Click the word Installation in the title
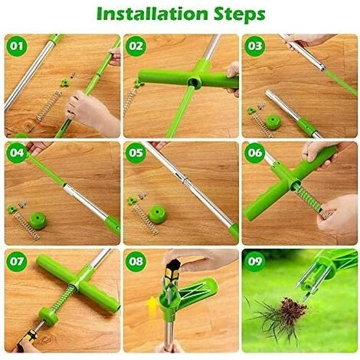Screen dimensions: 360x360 pos(152,14)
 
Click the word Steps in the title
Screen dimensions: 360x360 pos(240,15)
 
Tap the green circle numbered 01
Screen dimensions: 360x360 pos(17,46)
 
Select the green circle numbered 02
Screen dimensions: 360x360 pos(136,46)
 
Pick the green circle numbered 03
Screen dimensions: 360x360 pos(254,46)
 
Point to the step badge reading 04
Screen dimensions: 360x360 pos(17,153)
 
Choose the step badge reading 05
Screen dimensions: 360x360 pos(136,153)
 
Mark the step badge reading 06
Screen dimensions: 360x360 pos(254,153)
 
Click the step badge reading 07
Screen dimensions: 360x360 pos(17,261)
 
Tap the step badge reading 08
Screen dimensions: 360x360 pos(136,261)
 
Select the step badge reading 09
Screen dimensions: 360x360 pos(254,261)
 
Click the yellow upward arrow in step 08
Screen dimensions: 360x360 pos(152,307)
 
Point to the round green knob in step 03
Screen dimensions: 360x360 pos(273,122)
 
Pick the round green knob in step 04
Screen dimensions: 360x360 pos(38,221)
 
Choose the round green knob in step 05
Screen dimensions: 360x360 pos(158,214)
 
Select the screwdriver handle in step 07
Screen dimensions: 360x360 pos(28,339)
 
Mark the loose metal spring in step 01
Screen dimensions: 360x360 pos(49,106)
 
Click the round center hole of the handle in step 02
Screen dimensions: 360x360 pos(193,83)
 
